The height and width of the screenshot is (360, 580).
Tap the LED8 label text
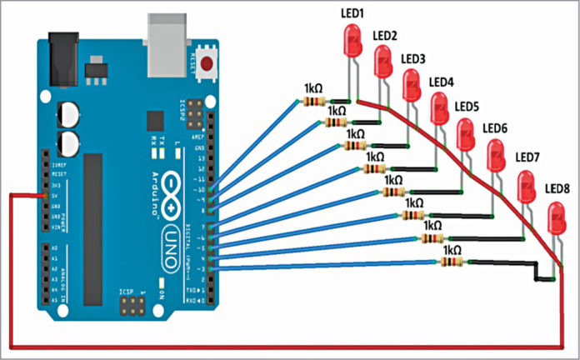click(x=557, y=188)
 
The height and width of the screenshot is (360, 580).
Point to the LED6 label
click(x=495, y=128)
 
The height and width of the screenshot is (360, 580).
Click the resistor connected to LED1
click(x=314, y=102)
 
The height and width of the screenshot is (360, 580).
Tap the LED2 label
click(x=384, y=36)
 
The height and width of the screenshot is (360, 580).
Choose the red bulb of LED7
click(x=527, y=184)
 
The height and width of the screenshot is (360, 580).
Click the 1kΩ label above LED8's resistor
click(x=452, y=250)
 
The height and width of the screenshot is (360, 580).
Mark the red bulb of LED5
click(x=466, y=132)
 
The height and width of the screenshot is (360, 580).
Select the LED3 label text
click(x=413, y=59)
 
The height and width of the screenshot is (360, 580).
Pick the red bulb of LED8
click(x=557, y=220)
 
